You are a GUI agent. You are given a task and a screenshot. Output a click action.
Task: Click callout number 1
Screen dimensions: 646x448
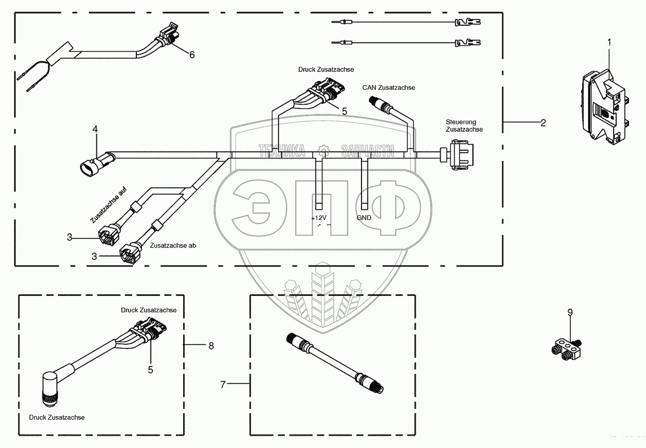click(x=609, y=42)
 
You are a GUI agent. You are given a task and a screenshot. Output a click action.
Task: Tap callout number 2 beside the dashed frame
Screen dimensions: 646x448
click(x=543, y=123)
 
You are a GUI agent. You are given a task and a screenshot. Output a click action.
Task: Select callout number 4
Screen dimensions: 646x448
click(x=95, y=129)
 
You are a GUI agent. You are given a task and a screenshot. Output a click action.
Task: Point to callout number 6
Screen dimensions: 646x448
click(x=192, y=55)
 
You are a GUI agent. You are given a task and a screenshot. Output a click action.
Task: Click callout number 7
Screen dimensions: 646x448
click(x=223, y=385)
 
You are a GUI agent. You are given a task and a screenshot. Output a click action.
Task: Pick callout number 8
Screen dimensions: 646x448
click(x=211, y=346)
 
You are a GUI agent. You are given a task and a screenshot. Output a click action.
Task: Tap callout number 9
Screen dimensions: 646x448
click(x=570, y=313)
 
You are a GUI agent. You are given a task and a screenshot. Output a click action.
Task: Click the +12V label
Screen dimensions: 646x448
click(x=319, y=218)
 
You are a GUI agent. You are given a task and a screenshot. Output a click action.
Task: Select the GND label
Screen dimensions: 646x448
click(x=364, y=218)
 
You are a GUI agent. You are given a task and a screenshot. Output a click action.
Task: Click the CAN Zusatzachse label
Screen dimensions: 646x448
click(x=389, y=87)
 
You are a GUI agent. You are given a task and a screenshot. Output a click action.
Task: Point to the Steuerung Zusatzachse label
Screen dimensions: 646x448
click(x=464, y=126)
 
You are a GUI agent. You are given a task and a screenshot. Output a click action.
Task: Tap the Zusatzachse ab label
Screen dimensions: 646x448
click(x=173, y=245)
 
